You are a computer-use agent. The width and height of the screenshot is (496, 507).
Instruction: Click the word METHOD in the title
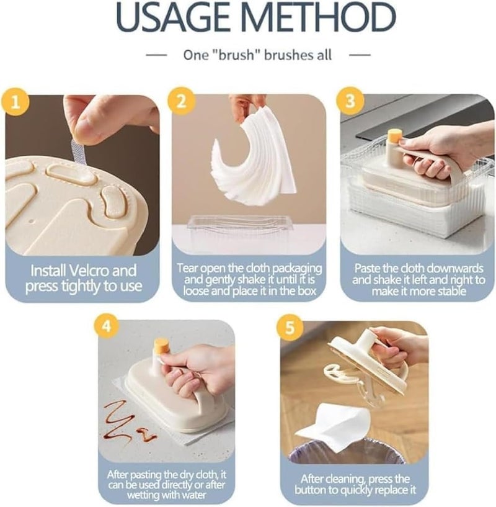(318, 17)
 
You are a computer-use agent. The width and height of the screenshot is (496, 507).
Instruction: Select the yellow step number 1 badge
(15, 103)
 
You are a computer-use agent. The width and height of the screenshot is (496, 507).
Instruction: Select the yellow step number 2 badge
(182, 102)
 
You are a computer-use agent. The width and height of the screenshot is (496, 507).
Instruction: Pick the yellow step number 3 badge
(350, 101)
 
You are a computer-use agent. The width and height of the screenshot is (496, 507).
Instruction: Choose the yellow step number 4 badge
(107, 325)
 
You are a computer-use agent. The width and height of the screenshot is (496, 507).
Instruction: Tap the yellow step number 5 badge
(290, 327)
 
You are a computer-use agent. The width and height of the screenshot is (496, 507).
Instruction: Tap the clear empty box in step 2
(240, 227)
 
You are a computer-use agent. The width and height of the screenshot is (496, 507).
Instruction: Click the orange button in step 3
(395, 136)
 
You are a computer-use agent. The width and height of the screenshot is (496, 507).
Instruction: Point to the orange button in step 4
(162, 348)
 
